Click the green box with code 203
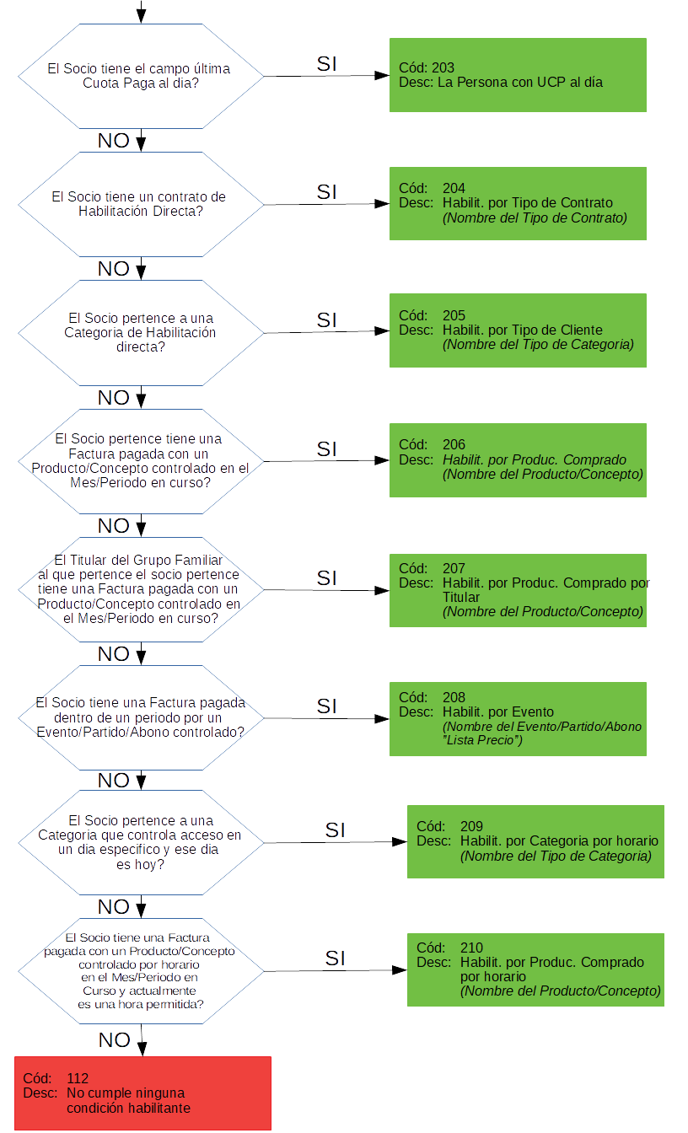[x=518, y=75]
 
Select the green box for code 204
[x=518, y=203]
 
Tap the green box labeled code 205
[x=518, y=330]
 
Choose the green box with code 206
[x=518, y=459]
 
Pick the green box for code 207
[x=518, y=590]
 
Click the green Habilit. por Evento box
[x=518, y=718]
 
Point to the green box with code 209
[x=535, y=841]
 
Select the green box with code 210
[x=535, y=969]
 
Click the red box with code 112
[x=142, y=1093]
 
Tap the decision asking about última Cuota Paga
[x=141, y=77]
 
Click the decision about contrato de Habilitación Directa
[x=141, y=204]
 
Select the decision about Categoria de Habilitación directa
[x=141, y=332]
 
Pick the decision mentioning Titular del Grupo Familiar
[x=141, y=589]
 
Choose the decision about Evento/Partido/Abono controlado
[x=141, y=717]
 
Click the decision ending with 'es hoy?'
[x=141, y=842]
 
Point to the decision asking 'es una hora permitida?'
[x=141, y=970]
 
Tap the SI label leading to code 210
[x=336, y=958]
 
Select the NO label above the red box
[x=114, y=1040]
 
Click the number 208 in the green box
[x=454, y=697]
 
